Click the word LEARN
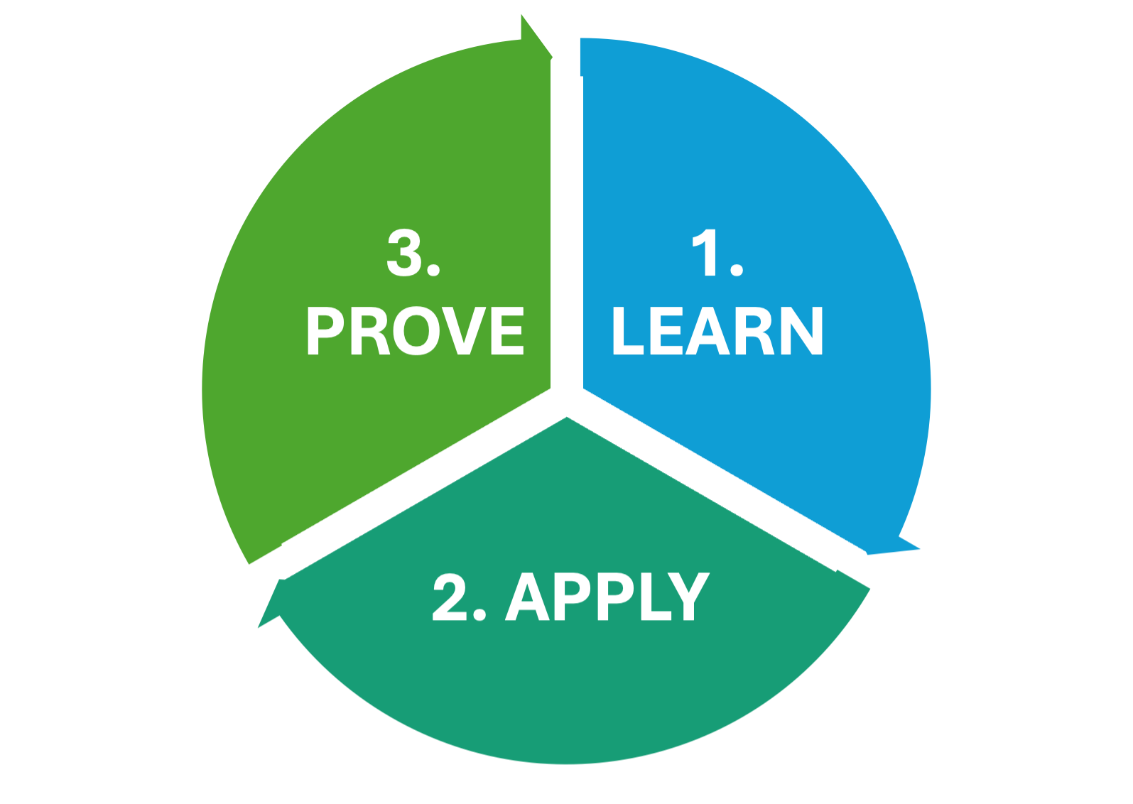click(717, 331)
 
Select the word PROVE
click(416, 331)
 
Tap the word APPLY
click(607, 597)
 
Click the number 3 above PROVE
click(404, 253)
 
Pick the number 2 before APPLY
click(450, 597)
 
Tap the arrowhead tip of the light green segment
click(553, 57)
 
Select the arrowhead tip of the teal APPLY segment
click(258, 628)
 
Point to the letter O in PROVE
click(416, 331)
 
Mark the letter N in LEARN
click(802, 331)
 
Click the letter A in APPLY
click(527, 597)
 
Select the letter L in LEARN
click(628, 331)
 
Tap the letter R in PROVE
click(370, 331)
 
